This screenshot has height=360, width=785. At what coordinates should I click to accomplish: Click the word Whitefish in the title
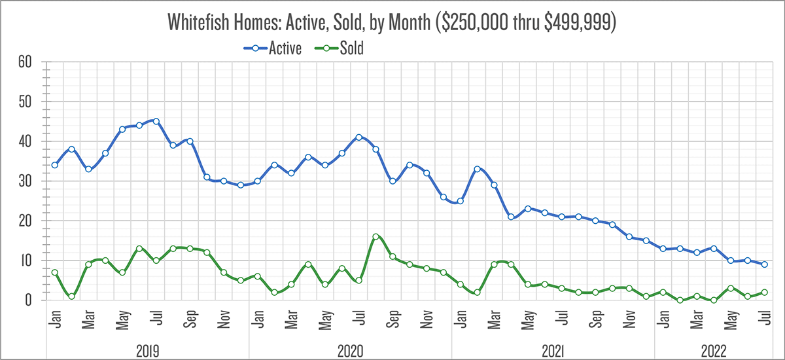pos(199,23)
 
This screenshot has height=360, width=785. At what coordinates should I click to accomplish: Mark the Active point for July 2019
pos(156,121)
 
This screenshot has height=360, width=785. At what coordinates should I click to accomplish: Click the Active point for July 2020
pos(359,137)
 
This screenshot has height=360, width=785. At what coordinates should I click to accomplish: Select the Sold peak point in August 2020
pos(376,237)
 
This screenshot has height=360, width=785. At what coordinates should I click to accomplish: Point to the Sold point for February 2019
pos(72,297)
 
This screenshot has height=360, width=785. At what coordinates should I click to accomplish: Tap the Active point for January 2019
pos(55,165)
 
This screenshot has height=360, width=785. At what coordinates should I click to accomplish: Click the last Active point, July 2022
pos(764,264)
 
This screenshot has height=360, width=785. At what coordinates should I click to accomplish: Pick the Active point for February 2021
pos(478,169)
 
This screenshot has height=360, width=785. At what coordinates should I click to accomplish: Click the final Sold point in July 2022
pos(764,293)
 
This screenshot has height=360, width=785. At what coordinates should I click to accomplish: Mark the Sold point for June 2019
pos(139,249)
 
